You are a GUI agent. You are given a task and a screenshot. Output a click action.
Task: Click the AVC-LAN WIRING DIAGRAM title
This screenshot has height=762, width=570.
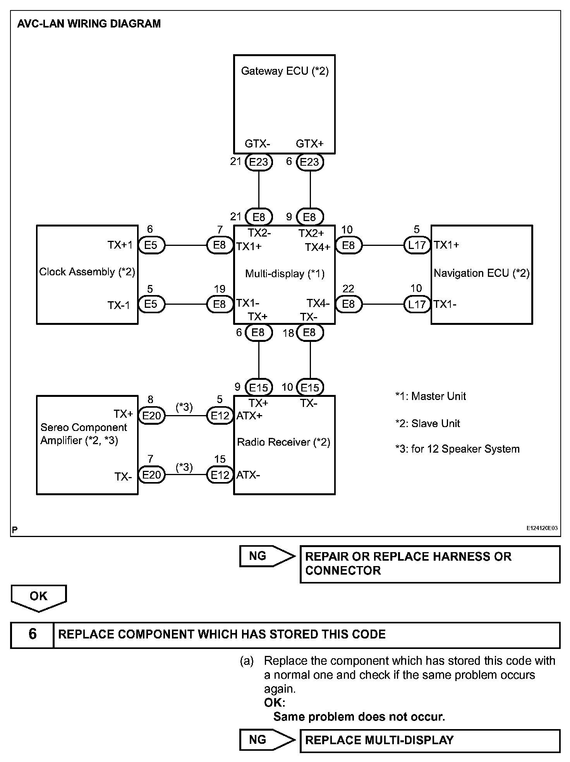coord(89,24)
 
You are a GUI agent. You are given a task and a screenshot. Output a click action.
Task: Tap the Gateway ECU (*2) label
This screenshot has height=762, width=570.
coord(285,71)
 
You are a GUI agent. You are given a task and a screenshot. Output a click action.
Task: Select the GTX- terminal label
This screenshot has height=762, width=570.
coord(257,144)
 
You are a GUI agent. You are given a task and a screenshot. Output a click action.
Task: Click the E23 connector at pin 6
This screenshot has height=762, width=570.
coord(309,162)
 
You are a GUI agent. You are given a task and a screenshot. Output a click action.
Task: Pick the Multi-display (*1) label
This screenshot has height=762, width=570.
coord(285,274)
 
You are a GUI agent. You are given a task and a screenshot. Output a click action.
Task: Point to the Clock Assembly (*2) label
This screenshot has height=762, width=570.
coord(87,272)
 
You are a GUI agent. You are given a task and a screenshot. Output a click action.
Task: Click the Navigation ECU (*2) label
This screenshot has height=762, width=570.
coord(481,273)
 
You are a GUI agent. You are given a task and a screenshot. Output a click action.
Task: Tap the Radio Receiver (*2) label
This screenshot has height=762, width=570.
coord(283,442)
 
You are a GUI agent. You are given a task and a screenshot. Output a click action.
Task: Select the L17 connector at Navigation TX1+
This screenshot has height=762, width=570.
coord(417,245)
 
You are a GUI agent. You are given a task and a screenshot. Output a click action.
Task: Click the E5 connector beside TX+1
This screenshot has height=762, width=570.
coord(151,245)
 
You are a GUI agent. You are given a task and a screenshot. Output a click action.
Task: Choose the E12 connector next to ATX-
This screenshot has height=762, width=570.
coord(220,475)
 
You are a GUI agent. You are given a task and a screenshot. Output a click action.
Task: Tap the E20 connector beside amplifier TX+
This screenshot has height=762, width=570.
coord(151,416)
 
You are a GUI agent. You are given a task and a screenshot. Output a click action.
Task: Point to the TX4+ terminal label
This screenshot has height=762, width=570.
coord(318,247)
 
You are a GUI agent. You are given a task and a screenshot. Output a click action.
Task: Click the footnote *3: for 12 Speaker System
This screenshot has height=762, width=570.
coord(457,449)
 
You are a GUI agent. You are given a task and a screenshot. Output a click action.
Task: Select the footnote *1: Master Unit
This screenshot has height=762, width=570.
coord(431,396)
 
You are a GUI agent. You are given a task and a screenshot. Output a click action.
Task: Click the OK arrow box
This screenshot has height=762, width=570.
coord(39,597)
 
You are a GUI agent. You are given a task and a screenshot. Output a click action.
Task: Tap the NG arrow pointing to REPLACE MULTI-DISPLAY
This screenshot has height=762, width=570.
coord(266,740)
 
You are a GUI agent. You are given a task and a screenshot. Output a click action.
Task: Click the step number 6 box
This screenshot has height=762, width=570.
coord(33,634)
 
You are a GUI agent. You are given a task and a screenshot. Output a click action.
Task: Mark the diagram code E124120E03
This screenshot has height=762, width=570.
coord(542,528)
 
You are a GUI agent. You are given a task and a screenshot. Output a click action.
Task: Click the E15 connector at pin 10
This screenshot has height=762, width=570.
coord(310,387)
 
